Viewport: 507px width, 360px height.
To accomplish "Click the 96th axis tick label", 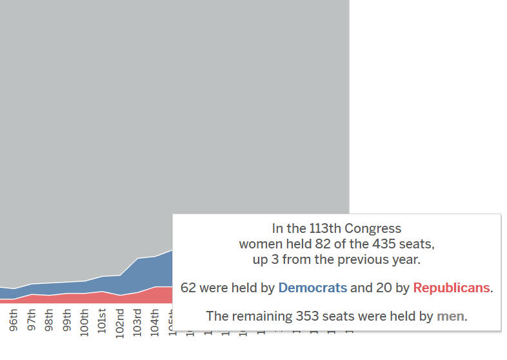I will click(14, 323).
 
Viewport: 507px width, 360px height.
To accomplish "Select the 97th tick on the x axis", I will click(32, 323).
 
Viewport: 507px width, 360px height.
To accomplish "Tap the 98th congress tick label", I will click(49, 323).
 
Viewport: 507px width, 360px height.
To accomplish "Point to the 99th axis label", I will click(66, 323).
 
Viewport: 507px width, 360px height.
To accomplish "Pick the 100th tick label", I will click(84, 321).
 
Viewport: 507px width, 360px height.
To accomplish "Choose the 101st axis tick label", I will click(102, 321).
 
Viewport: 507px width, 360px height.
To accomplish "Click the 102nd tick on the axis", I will click(119, 320).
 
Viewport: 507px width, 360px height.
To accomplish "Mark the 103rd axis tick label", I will click(137, 321).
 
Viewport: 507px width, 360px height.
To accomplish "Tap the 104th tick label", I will click(154, 321).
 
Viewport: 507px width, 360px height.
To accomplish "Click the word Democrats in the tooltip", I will click(312, 288).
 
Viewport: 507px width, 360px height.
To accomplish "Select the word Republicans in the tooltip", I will click(452, 288).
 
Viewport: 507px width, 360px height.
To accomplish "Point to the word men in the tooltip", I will click(450, 316).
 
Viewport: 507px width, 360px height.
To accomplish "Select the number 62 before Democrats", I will click(188, 288).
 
